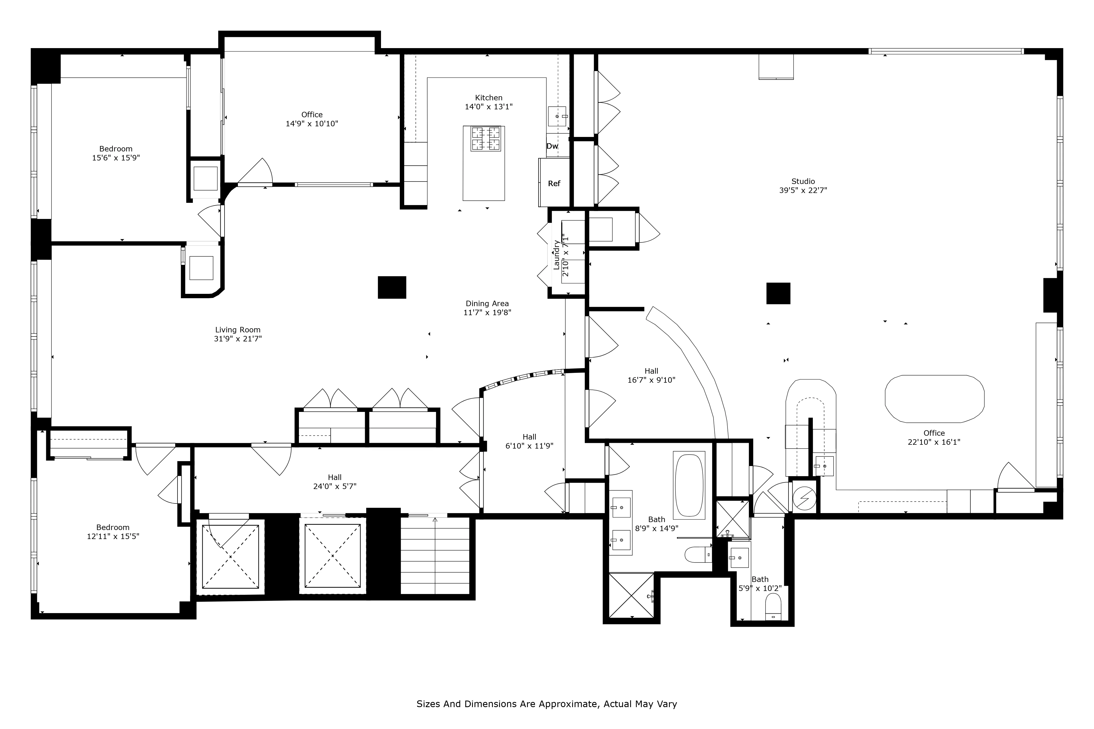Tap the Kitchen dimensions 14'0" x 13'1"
pyautogui.click(x=488, y=107)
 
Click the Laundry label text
pyautogui.click(x=556, y=255)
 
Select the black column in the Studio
pyautogui.click(x=778, y=293)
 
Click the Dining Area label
pyautogui.click(x=487, y=304)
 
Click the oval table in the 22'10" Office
pyautogui.click(x=934, y=399)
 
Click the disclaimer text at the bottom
pyautogui.click(x=546, y=704)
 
